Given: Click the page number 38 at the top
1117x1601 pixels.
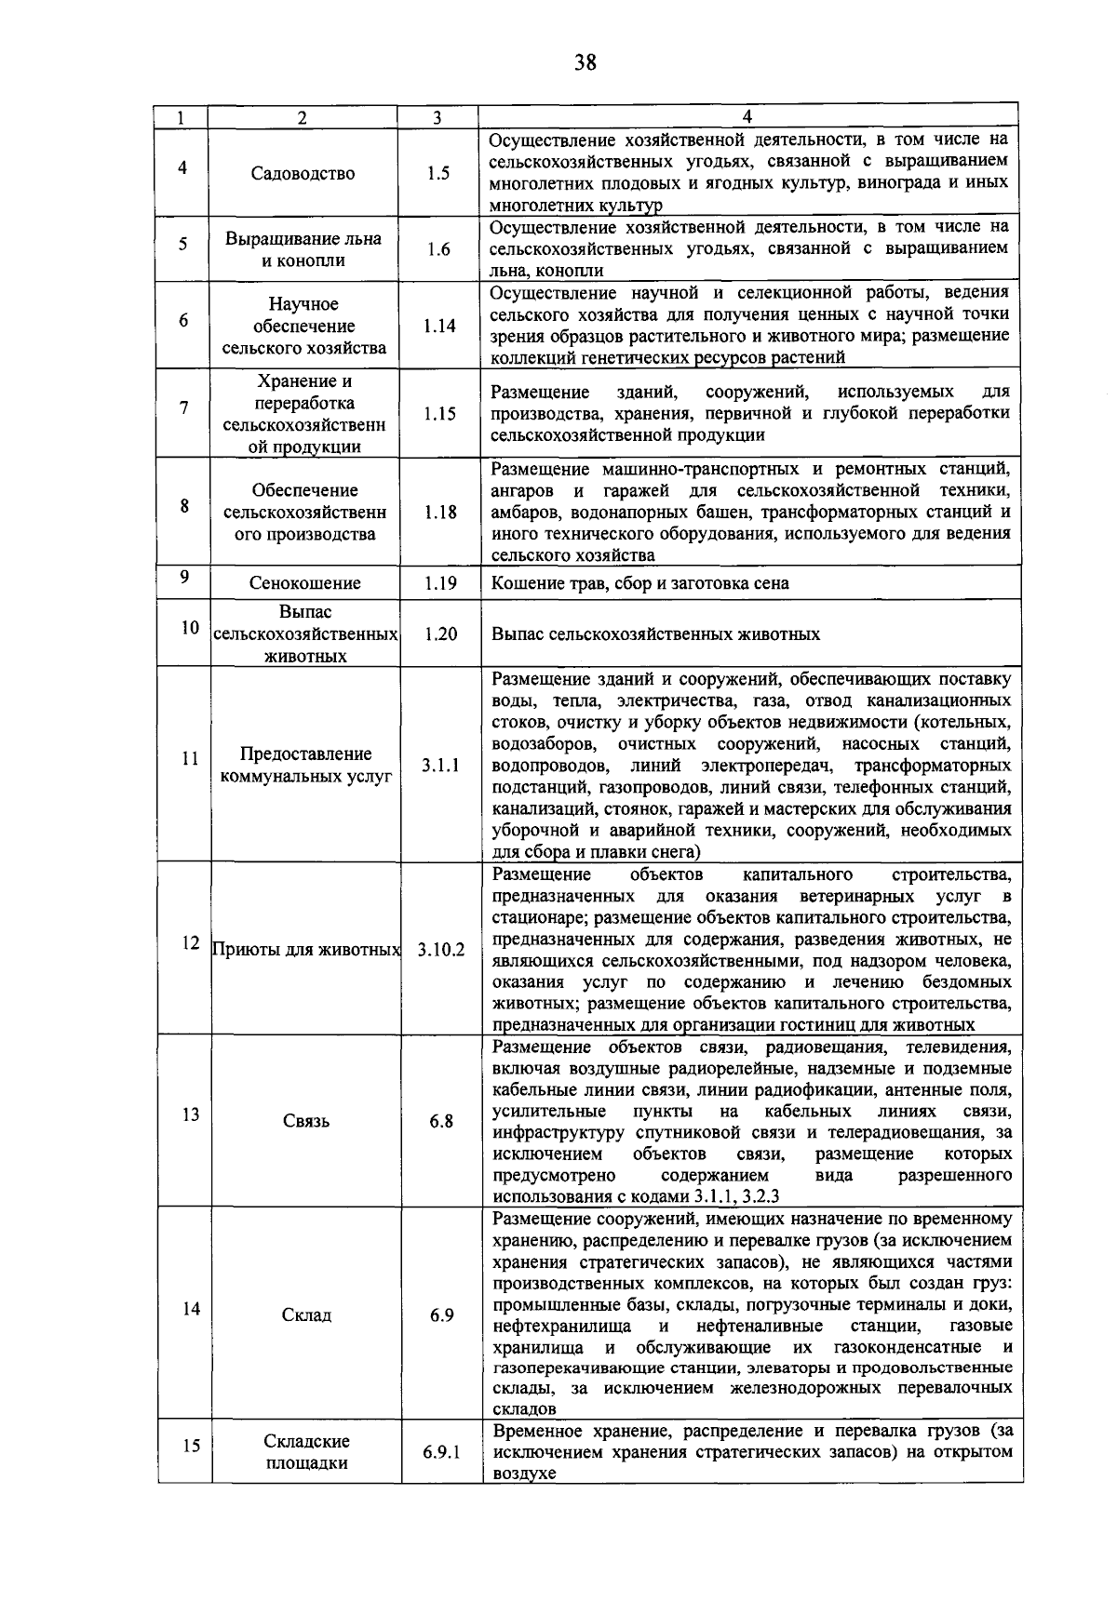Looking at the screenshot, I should (585, 62).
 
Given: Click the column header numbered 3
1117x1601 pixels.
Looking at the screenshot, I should (437, 118).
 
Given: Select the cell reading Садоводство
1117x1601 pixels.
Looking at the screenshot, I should (303, 174).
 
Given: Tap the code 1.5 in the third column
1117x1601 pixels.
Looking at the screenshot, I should (437, 174).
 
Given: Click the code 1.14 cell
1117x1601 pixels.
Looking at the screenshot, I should (438, 327).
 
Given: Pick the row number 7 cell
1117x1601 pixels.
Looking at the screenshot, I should (183, 407).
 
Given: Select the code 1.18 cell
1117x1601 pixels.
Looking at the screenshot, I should (439, 513).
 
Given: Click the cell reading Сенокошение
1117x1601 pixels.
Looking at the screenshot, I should (304, 584).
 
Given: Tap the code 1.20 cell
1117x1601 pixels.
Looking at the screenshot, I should (439, 634).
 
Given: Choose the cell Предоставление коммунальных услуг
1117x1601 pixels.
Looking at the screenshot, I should (305, 766).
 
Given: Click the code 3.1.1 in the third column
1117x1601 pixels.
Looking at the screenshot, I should (440, 766).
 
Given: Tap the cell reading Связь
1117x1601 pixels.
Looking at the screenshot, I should (306, 1122).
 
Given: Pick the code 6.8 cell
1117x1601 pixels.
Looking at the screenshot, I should (441, 1122).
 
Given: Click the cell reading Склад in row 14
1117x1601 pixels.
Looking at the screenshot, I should (306, 1315).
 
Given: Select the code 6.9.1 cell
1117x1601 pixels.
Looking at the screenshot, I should (441, 1452).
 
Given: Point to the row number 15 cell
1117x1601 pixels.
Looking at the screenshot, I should (191, 1446).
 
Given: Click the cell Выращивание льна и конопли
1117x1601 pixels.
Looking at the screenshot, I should (303, 249).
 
